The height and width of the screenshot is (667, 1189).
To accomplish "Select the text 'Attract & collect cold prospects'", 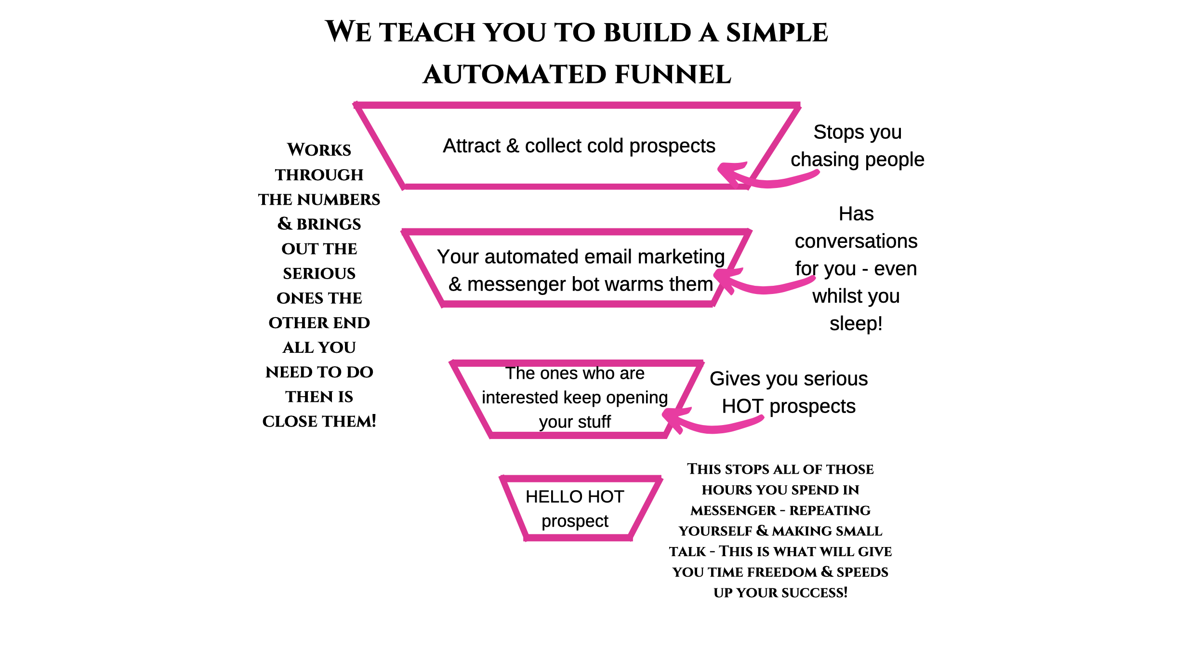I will pyautogui.click(x=579, y=146).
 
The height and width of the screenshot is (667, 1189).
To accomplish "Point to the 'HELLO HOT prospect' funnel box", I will pyautogui.click(x=575, y=509).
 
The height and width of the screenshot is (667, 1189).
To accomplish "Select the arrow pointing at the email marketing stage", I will pyautogui.click(x=761, y=284).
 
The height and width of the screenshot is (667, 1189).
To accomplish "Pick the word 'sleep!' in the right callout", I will pyautogui.click(x=856, y=324).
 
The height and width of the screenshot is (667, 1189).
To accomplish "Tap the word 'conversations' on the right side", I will pyautogui.click(x=856, y=241).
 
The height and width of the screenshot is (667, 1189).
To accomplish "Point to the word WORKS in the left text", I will pyautogui.click(x=319, y=150).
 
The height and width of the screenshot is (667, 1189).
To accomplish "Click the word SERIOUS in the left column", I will pyautogui.click(x=319, y=274).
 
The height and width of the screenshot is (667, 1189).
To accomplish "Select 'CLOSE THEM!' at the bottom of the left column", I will pyautogui.click(x=319, y=422).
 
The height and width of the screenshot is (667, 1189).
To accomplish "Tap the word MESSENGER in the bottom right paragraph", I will pyautogui.click(x=733, y=510).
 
